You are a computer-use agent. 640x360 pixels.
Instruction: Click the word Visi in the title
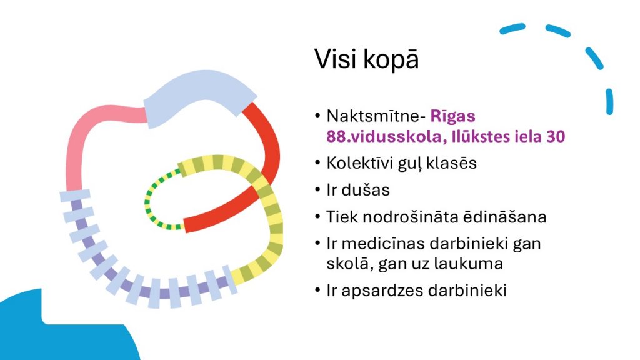[336, 59]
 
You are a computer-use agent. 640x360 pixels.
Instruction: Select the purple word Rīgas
[452, 116]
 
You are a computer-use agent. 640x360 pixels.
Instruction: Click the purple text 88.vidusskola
[382, 136]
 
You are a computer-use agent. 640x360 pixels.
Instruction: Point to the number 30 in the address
[556, 136]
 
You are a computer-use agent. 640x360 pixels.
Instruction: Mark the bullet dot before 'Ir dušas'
[318, 190]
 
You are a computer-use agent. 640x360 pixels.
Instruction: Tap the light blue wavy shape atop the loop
[199, 99]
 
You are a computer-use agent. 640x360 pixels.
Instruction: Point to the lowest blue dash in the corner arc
[609, 102]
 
